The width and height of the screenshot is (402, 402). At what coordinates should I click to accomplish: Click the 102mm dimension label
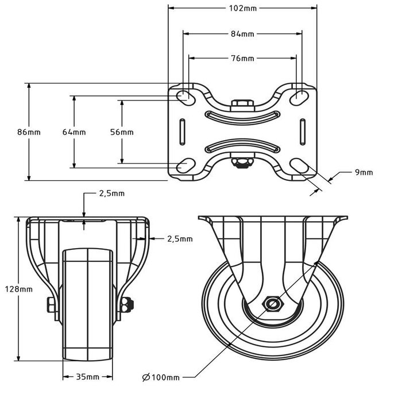[x=242, y=8]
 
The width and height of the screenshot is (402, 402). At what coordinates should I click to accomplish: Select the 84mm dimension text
[x=242, y=34]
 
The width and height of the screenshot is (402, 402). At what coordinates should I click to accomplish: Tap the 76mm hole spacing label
[x=242, y=58]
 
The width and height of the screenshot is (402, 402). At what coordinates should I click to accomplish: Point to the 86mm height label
[x=29, y=132]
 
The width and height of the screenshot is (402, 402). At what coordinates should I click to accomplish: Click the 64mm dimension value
[x=74, y=132]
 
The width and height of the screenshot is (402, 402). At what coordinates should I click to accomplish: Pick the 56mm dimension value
[x=122, y=132]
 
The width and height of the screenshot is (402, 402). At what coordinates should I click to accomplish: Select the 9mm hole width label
[x=364, y=172]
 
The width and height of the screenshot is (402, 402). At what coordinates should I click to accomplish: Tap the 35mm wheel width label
[x=88, y=377]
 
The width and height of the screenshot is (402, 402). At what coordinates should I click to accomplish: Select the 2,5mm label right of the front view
[x=180, y=238]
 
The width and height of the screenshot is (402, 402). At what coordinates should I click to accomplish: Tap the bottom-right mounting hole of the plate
[x=300, y=166]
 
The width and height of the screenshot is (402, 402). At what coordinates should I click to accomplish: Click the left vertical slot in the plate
[x=182, y=132]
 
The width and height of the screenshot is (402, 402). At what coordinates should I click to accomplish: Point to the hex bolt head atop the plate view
[x=242, y=104]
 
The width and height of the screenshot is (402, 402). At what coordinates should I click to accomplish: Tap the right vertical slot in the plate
[x=301, y=132]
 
